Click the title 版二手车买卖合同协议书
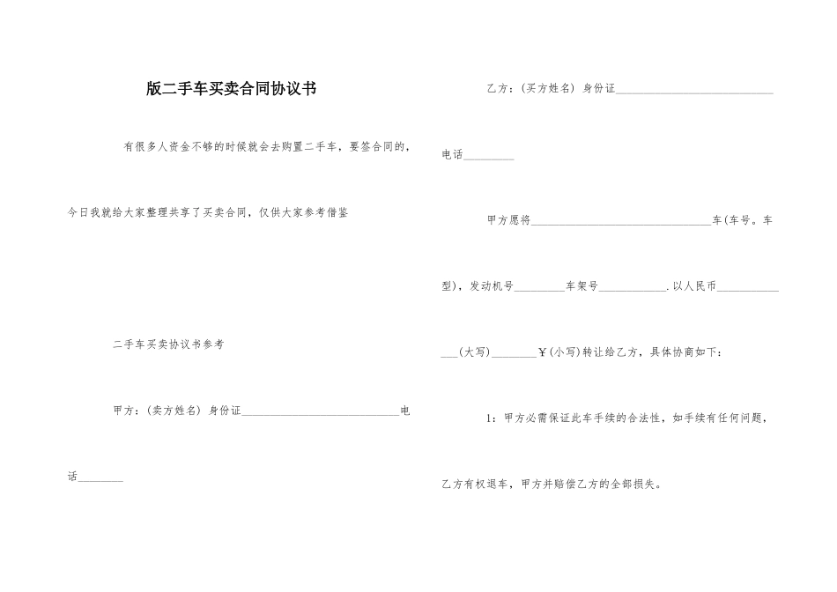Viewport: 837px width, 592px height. pos(232,89)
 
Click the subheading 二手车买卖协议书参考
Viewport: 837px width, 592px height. pos(168,344)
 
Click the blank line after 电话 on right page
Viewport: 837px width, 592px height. pos(489,158)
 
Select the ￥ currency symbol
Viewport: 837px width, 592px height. pos(542,352)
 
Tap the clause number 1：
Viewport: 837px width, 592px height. pos(493,418)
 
